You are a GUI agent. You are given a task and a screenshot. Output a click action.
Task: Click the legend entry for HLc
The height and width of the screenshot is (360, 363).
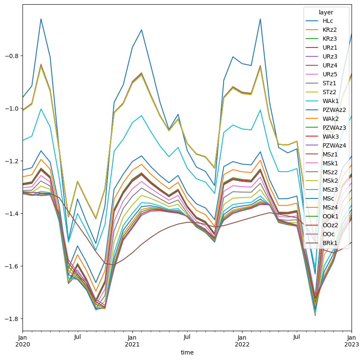328,21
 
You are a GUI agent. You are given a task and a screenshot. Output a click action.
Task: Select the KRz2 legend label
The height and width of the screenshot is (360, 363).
329,30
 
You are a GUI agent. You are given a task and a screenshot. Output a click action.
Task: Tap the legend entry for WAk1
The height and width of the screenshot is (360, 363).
330,101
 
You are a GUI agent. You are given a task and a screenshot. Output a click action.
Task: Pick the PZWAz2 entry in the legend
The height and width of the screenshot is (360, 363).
334,110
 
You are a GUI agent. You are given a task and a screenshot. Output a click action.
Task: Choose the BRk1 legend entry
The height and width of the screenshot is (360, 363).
329,243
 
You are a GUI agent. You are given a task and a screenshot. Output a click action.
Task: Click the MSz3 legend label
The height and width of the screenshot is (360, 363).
330,190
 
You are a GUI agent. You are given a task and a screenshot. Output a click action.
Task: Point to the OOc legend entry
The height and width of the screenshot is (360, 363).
329,234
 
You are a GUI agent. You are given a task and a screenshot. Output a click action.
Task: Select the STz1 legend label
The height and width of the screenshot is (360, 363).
329,83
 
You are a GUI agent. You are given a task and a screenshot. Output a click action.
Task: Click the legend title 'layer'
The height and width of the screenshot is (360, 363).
326,12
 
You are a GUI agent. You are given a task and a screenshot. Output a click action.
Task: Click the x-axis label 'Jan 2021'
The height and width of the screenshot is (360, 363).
132,341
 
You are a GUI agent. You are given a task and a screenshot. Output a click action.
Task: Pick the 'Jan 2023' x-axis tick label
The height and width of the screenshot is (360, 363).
352,341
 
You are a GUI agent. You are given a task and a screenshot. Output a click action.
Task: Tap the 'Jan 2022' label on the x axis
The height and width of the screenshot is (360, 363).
242,341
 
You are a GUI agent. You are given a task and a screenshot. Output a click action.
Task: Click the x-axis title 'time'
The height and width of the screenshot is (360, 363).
187,352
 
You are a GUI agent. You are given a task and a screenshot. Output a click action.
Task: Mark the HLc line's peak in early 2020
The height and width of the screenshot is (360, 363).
41,19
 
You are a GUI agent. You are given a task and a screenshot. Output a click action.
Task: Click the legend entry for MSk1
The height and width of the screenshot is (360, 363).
330,163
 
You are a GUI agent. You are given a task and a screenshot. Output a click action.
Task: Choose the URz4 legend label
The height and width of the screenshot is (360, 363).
330,65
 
